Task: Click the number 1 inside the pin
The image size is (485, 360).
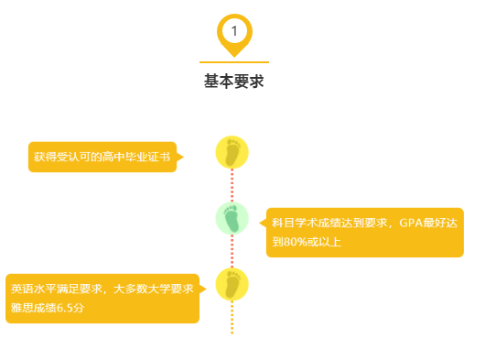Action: coord(234,31)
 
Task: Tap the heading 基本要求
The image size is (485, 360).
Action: coord(234,82)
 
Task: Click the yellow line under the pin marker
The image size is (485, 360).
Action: coord(234,62)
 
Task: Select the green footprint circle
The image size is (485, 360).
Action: coord(232,219)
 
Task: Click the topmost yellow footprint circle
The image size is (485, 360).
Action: coord(232,152)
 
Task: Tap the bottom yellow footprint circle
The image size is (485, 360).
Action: coord(232,285)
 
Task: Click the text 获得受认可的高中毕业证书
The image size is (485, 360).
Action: coord(102,157)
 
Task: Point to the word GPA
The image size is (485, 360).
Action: coord(411,223)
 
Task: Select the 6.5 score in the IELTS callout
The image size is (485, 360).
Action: coord(65,308)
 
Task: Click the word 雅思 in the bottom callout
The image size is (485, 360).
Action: coord(22,308)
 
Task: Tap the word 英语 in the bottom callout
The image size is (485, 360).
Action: coord(22,289)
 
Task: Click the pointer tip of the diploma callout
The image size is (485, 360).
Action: coord(183,157)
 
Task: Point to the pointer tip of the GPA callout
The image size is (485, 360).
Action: coord(260,223)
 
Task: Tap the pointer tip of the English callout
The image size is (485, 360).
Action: coord(206,289)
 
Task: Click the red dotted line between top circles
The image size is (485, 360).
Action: coord(232,185)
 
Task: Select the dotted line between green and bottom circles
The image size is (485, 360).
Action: coord(232,251)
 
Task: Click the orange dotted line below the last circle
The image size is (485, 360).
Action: coord(232,317)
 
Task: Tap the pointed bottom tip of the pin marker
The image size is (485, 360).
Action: coord(234,58)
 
